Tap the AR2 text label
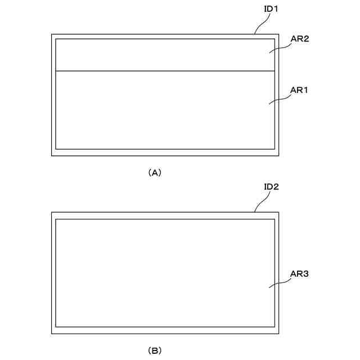(x=299, y=39)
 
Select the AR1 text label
(x=299, y=90)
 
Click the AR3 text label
(x=299, y=274)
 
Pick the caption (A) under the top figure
(x=154, y=173)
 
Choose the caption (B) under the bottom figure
(x=154, y=350)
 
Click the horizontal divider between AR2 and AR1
(x=163, y=71)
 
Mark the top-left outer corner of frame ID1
(x=52, y=34)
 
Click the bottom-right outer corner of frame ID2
(x=280, y=333)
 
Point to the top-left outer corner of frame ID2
(x=52, y=213)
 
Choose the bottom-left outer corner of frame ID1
(x=52, y=155)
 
